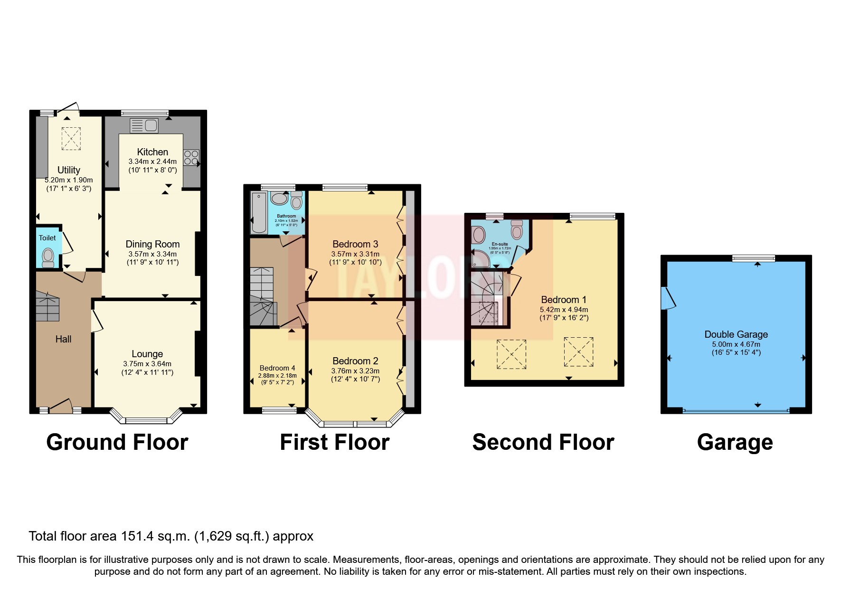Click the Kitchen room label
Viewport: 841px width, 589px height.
click(152, 152)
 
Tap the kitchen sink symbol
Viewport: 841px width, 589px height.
click(144, 125)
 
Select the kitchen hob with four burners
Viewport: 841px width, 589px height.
click(191, 158)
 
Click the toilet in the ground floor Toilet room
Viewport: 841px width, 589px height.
click(48, 256)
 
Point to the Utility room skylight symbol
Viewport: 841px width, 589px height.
click(71, 138)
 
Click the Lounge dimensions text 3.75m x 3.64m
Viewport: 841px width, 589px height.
click(147, 364)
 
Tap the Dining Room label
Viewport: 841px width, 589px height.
click(152, 244)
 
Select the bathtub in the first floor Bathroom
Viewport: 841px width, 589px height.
click(259, 212)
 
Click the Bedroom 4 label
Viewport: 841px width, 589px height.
click(277, 368)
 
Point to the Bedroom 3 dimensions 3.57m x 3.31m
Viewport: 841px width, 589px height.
click(355, 254)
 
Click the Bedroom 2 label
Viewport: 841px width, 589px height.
click(355, 361)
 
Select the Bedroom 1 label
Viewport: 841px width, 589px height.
click(564, 300)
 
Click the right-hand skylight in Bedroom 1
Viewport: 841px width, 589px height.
click(578, 352)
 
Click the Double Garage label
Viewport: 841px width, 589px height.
click(736, 334)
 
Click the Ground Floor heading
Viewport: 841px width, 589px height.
click(117, 442)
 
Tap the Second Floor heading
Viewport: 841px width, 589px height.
click(543, 442)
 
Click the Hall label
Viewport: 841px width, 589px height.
click(63, 339)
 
